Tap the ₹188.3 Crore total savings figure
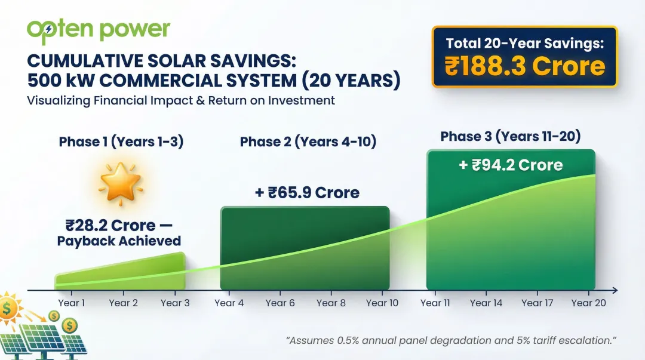click(524, 67)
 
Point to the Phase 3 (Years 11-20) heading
click(511, 136)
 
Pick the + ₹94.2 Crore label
click(511, 165)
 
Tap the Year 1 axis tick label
click(71, 303)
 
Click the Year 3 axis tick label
click(175, 303)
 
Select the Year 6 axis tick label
click(280, 303)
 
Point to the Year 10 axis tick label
click(382, 303)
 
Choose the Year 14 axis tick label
click(486, 303)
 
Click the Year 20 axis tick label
click(588, 303)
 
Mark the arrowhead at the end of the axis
click(615, 291)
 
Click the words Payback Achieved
click(119, 241)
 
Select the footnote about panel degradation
click(451, 340)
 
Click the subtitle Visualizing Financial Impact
click(181, 100)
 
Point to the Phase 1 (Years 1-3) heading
click(121, 141)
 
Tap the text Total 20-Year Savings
click(524, 43)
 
